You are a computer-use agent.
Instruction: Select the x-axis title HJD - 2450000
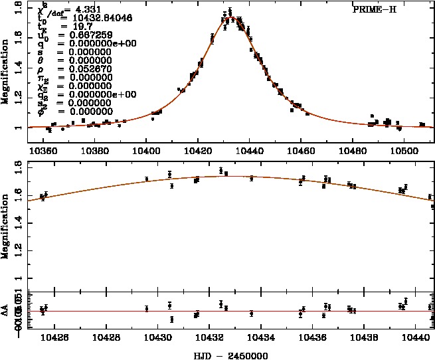(231, 355)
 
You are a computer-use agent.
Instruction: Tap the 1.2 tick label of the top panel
(19, 98)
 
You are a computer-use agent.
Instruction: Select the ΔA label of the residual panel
(5, 310)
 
